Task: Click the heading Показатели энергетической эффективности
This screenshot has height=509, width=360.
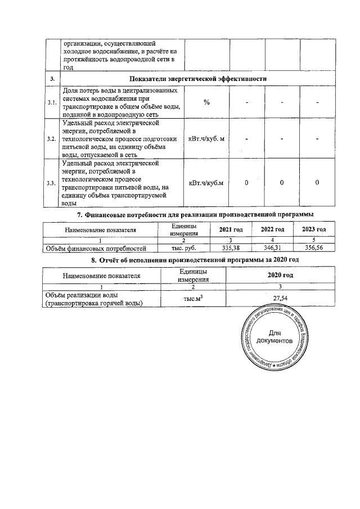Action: (x=197, y=79)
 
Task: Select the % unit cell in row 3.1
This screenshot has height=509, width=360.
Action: (x=206, y=102)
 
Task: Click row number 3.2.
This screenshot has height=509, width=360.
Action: (x=51, y=138)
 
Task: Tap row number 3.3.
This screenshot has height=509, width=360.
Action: (x=51, y=183)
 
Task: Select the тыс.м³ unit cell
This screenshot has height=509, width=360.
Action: (x=193, y=299)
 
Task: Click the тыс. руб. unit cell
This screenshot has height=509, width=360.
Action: (x=183, y=247)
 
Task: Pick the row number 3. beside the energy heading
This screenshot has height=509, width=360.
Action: (x=51, y=79)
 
